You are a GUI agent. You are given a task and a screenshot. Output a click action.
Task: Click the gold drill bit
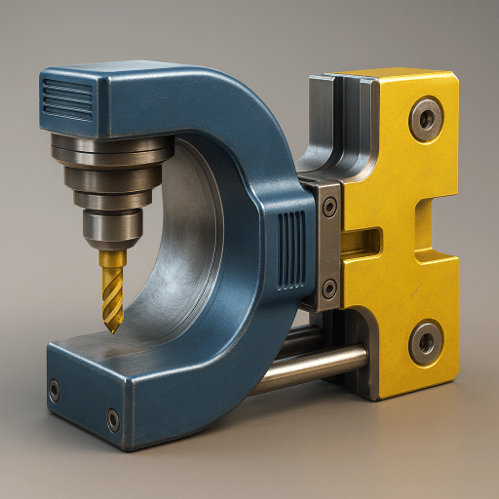(112, 283)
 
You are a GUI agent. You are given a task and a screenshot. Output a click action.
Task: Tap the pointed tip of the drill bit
(114, 329)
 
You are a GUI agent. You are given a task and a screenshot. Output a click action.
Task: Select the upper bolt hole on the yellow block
(425, 119)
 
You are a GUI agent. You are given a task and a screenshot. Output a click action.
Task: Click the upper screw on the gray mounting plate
(330, 207)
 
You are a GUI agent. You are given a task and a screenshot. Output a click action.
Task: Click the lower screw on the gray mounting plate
(329, 288)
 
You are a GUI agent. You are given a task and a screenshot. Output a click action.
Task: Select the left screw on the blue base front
(54, 391)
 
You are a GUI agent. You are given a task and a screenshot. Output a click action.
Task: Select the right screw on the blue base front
(113, 420)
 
